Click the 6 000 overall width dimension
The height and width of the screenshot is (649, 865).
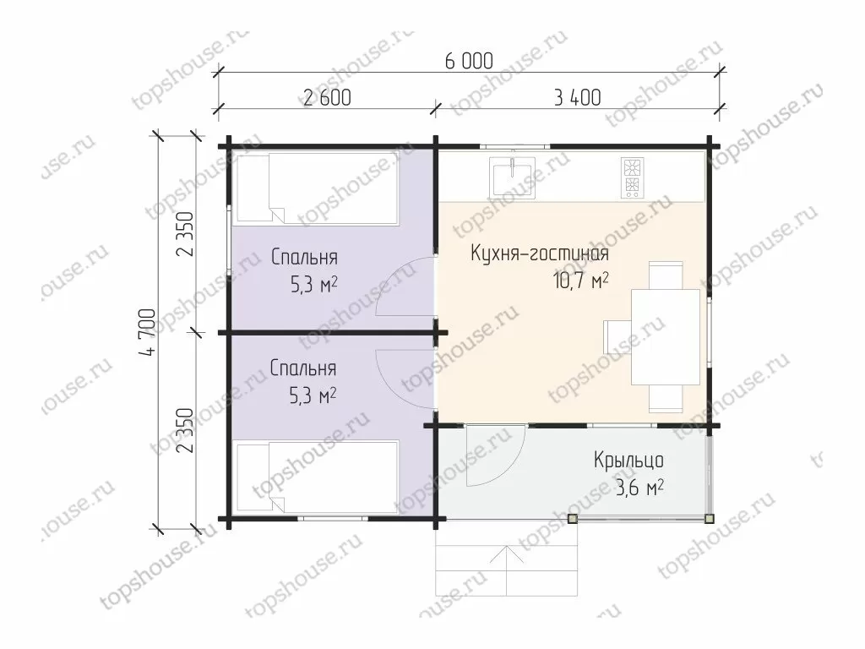(469, 61)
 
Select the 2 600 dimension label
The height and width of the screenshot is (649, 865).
(327, 98)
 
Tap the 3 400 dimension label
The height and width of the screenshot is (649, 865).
(577, 98)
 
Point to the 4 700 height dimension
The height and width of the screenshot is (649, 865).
(149, 331)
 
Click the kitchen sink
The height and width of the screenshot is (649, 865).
(513, 177)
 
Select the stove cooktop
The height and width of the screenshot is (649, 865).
(632, 177)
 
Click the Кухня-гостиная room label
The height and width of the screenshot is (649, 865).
(540, 254)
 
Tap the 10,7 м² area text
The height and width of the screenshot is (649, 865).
(581, 281)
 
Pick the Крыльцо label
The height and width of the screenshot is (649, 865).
(628, 460)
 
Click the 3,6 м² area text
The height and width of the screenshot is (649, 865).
(639, 488)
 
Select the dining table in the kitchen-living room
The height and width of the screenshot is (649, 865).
(666, 336)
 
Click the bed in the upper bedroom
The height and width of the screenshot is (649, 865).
(317, 188)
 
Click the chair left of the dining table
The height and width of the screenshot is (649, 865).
(617, 336)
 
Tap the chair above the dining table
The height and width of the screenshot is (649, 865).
(666, 275)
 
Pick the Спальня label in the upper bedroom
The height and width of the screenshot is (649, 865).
(304, 258)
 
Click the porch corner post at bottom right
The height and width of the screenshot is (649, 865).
(710, 519)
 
